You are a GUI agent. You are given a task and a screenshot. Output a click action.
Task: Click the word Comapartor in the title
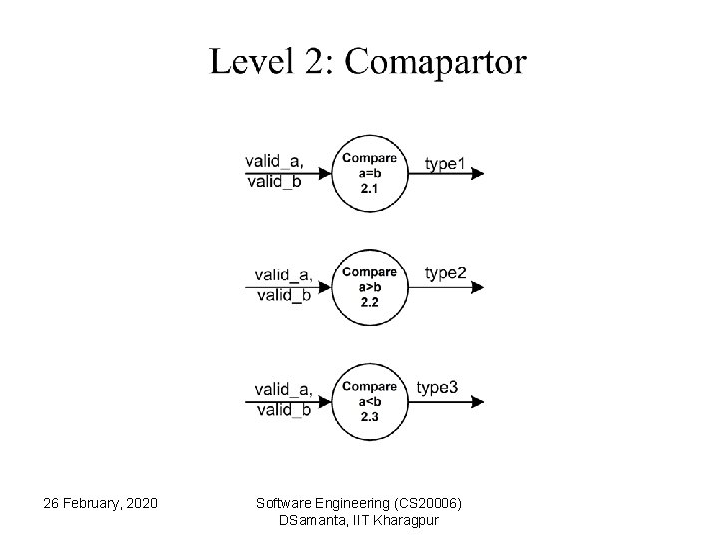[x=434, y=62]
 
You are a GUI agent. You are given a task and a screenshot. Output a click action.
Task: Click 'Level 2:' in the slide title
[x=271, y=62]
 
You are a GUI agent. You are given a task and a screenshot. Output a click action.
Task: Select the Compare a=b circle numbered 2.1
[x=369, y=173]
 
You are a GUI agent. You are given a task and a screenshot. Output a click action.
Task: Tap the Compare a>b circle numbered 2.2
[x=369, y=287]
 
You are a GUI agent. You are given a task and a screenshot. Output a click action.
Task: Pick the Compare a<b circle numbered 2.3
[x=369, y=401]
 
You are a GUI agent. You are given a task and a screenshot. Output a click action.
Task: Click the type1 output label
[x=445, y=162]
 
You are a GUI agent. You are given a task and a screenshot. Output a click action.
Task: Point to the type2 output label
[x=445, y=273]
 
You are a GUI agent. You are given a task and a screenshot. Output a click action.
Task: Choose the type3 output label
[x=437, y=387]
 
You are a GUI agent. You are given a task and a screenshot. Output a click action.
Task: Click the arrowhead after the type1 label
[x=479, y=173]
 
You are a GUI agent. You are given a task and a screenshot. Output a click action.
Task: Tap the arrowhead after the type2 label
[x=479, y=287]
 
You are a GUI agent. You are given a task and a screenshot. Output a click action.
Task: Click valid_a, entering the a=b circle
[x=274, y=161]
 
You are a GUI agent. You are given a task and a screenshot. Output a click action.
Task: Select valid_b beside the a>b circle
[x=284, y=295]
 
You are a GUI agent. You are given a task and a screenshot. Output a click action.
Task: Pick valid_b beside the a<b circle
[x=284, y=409]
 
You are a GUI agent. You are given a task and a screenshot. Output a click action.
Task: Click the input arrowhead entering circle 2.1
[x=326, y=173]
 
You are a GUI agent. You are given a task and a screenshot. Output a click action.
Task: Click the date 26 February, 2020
[x=100, y=501]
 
